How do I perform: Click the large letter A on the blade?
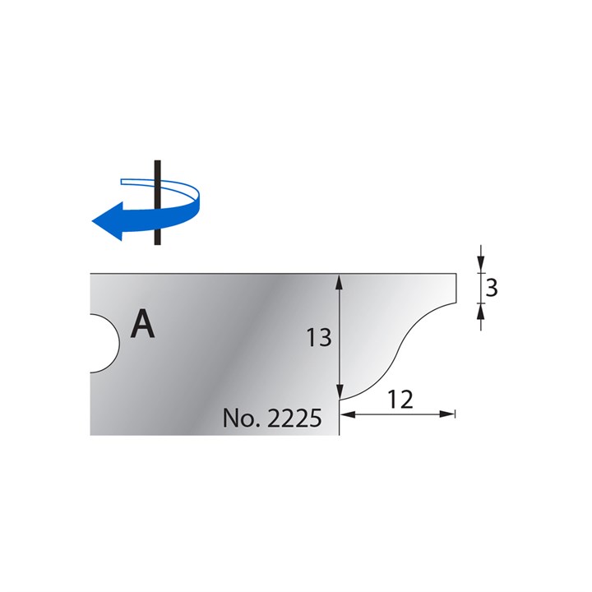click(143, 324)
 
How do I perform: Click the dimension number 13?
click(318, 337)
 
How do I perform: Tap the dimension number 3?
click(492, 288)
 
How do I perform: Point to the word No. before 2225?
click(240, 419)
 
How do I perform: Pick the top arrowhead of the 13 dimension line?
click(339, 281)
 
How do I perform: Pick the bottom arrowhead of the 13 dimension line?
click(339, 394)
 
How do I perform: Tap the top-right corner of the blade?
click(456, 273)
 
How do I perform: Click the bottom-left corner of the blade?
click(90, 435)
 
